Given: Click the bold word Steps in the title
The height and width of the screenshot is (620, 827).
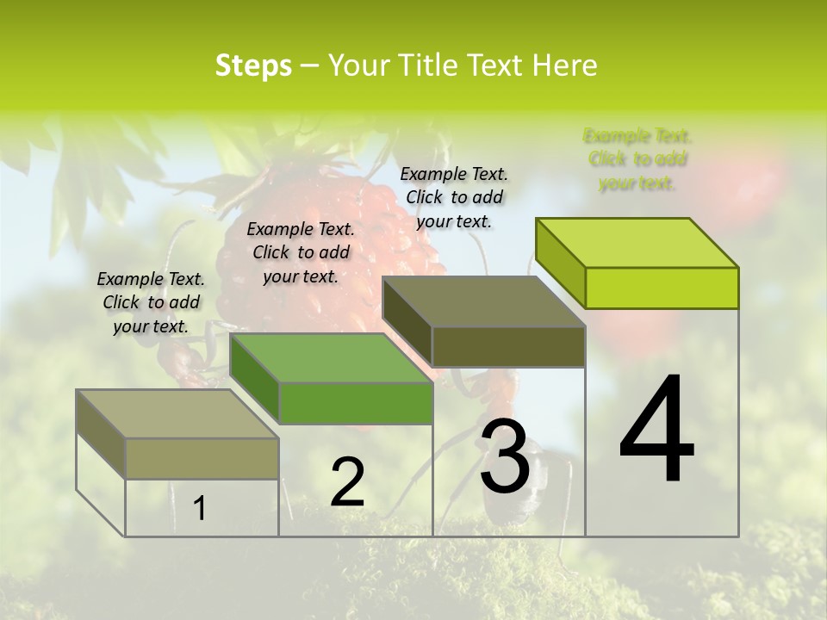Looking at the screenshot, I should click(x=253, y=65).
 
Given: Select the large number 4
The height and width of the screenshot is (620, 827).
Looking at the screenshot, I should click(x=656, y=431).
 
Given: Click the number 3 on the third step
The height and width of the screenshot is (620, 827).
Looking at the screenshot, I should click(x=505, y=457).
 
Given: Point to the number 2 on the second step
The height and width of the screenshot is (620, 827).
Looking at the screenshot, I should click(x=347, y=482).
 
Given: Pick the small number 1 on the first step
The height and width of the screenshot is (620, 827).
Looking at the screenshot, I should click(x=199, y=509).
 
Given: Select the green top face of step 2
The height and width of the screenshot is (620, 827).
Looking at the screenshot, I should click(x=332, y=358).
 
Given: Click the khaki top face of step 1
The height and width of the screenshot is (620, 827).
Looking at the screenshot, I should click(x=177, y=414).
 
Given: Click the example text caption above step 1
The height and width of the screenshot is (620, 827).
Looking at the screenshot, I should click(x=151, y=302).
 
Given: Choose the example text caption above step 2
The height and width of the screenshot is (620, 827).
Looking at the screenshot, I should click(x=301, y=252).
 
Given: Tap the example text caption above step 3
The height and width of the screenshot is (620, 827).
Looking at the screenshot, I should click(x=454, y=197).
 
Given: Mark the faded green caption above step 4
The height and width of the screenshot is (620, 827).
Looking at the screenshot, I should click(x=637, y=159).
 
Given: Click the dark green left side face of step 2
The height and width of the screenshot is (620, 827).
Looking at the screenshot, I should click(x=255, y=379).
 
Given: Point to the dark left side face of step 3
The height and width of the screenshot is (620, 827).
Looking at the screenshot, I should click(x=407, y=323).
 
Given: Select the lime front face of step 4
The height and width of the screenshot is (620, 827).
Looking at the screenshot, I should click(x=662, y=288).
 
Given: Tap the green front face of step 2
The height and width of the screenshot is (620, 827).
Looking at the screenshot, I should click(x=356, y=403).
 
